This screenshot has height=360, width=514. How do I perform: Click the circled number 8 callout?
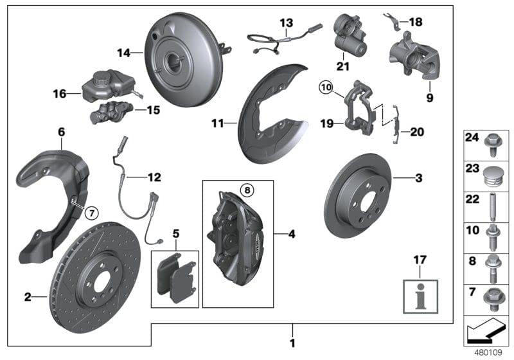point(247,190)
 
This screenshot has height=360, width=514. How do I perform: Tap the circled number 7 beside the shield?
point(91,212)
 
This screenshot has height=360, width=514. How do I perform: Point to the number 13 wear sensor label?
point(285,23)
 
